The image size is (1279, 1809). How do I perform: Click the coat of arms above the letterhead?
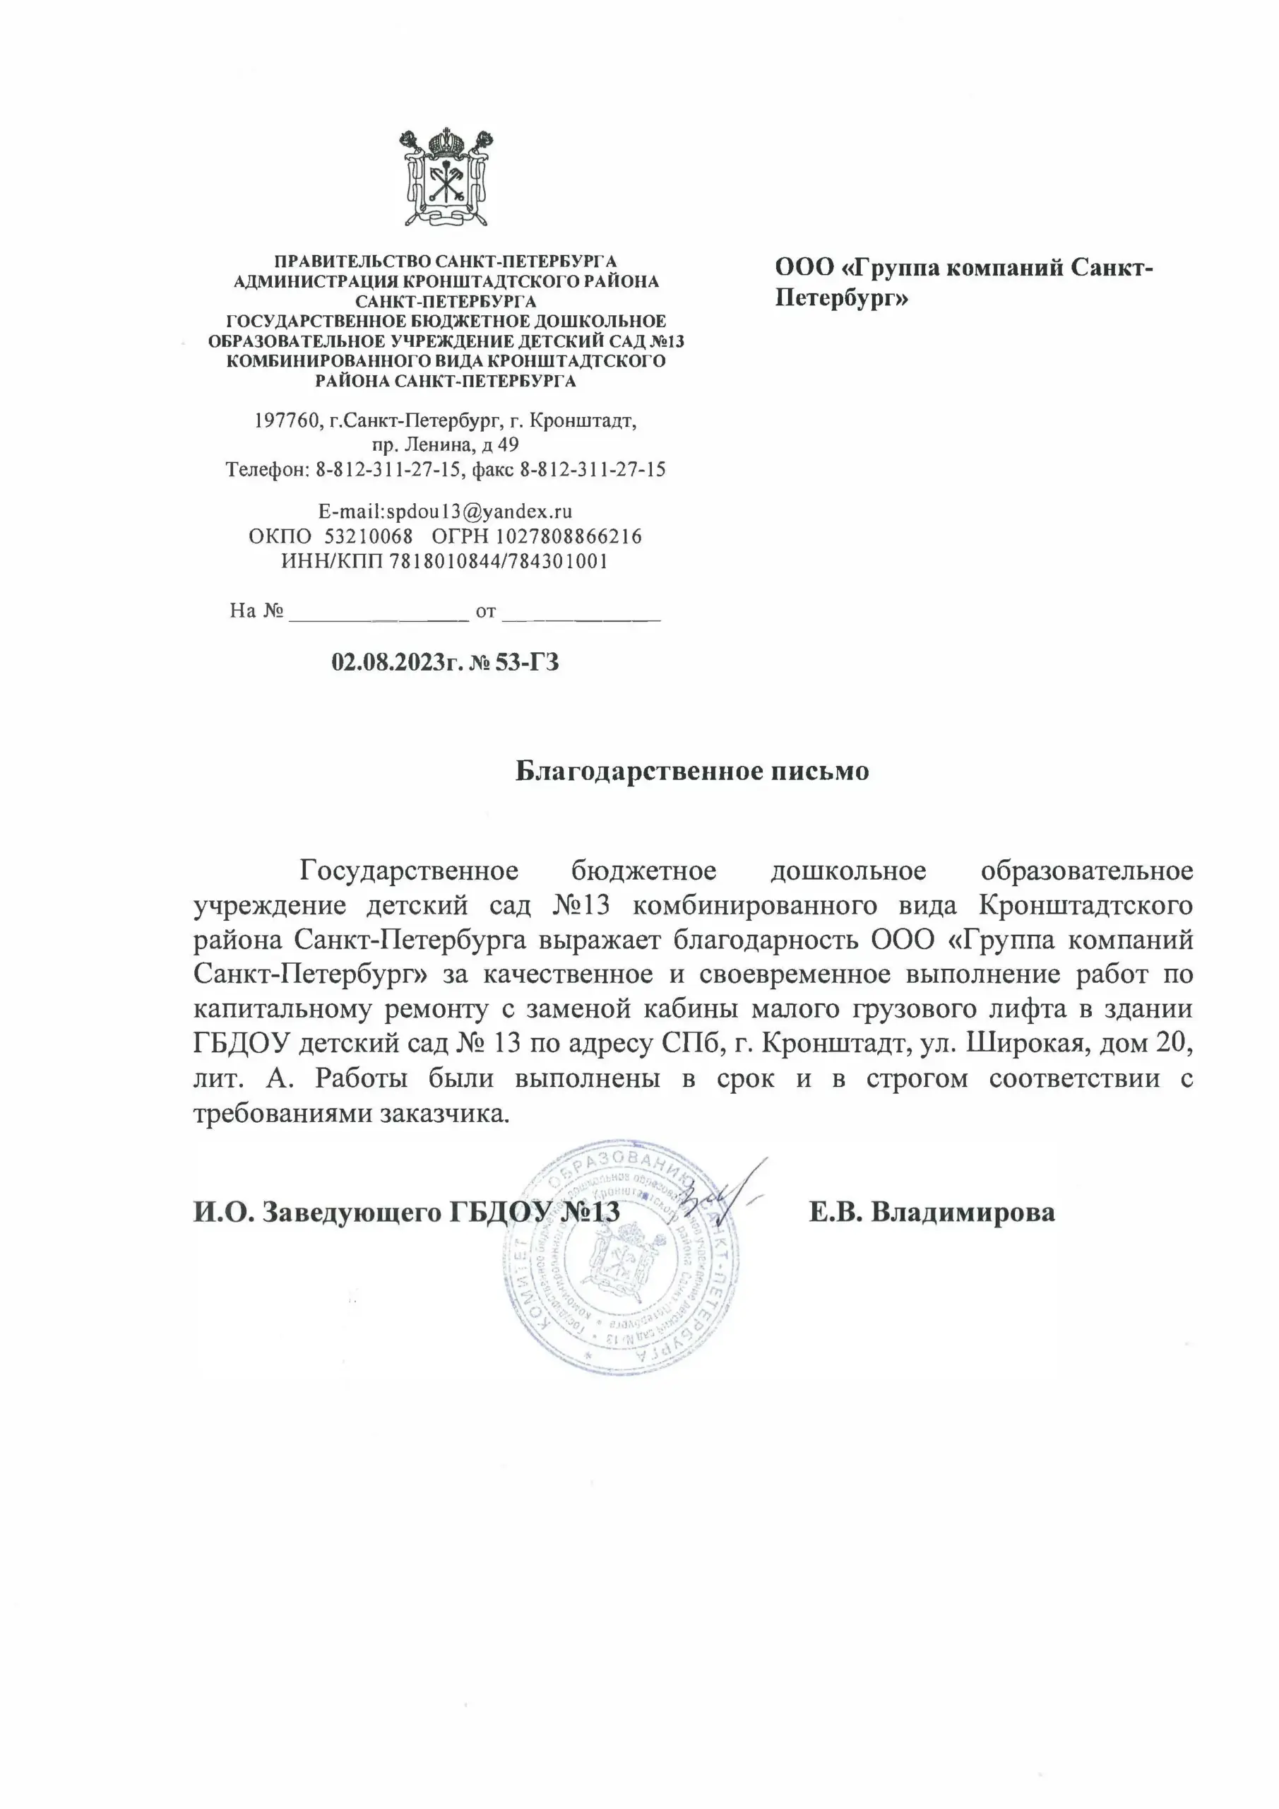pyautogui.click(x=446, y=177)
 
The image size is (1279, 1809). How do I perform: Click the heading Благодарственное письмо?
pyautogui.click(x=692, y=770)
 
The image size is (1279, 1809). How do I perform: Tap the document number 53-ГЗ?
pyautogui.click(x=527, y=662)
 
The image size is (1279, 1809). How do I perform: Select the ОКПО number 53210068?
pyautogui.click(x=369, y=536)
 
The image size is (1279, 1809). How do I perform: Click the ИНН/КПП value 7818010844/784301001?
pyautogui.click(x=499, y=562)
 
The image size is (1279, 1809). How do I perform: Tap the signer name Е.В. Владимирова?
pyautogui.click(x=932, y=1212)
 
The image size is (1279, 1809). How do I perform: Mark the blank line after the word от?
pyautogui.click(x=581, y=613)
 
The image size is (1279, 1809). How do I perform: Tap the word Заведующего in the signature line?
pyautogui.click(x=351, y=1212)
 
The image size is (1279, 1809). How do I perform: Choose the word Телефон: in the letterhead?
pyautogui.click(x=268, y=471)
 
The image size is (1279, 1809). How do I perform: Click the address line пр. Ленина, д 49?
pyautogui.click(x=446, y=445)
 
